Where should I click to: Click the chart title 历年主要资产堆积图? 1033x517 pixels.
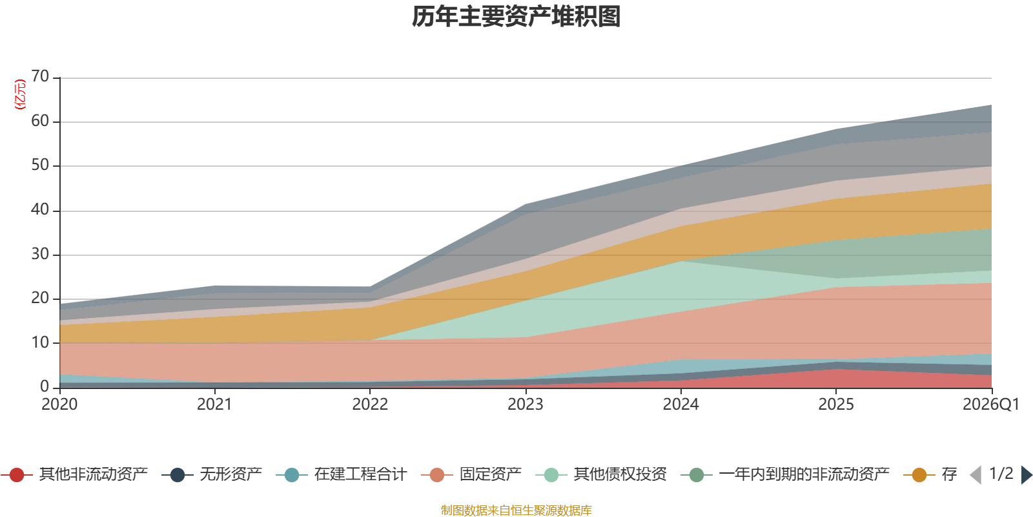[516, 17]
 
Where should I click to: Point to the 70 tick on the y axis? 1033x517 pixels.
[40, 77]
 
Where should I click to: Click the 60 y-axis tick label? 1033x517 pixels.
[40, 121]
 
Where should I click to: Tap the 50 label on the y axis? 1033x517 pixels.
[40, 165]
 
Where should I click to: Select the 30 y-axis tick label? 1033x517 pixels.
[40, 254]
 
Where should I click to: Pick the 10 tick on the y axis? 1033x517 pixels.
[40, 343]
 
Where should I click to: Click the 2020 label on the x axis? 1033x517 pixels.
[59, 405]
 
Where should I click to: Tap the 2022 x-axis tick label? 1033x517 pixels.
[370, 405]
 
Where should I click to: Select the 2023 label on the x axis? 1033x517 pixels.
[526, 405]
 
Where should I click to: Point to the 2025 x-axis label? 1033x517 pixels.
[836, 405]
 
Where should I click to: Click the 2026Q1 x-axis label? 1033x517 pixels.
[990, 405]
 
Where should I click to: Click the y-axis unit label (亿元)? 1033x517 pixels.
[20, 94]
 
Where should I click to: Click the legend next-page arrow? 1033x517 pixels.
[1026, 475]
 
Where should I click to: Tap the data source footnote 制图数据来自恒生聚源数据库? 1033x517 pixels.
[516, 511]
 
